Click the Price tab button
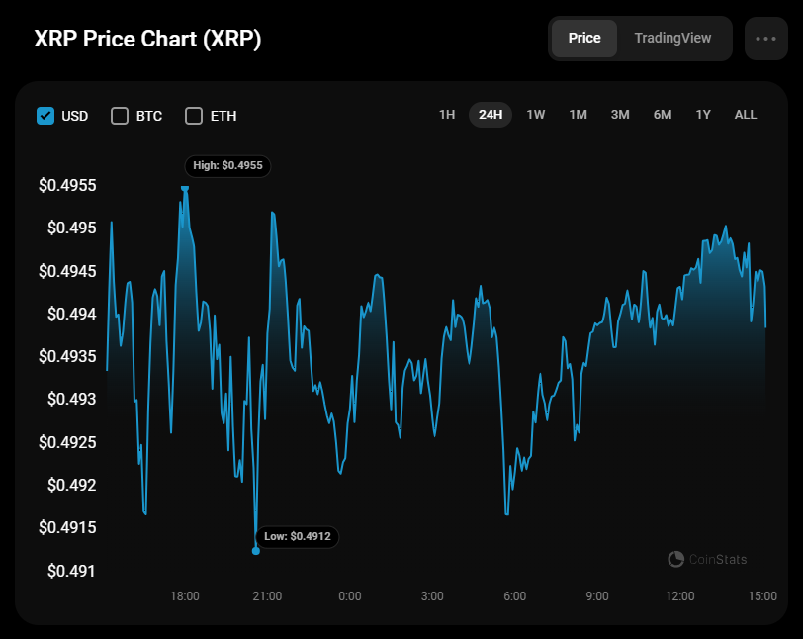pyautogui.click(x=584, y=38)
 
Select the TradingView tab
pyautogui.click(x=672, y=38)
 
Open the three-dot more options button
pyautogui.click(x=765, y=39)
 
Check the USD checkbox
pyautogui.click(x=45, y=116)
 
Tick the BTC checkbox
pyautogui.click(x=120, y=116)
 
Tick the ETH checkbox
pyautogui.click(x=194, y=116)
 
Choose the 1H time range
pyautogui.click(x=447, y=115)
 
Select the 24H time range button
pyautogui.click(x=491, y=115)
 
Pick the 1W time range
pyautogui.click(x=536, y=115)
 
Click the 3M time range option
pyautogui.click(x=620, y=115)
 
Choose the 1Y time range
pyautogui.click(x=703, y=115)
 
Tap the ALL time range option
pyautogui.click(x=746, y=115)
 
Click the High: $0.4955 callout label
pyautogui.click(x=227, y=165)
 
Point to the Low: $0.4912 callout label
pyautogui.click(x=298, y=537)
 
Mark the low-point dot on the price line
pyautogui.click(x=256, y=551)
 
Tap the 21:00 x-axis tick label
pyautogui.click(x=267, y=596)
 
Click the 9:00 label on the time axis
pyautogui.click(x=596, y=596)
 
